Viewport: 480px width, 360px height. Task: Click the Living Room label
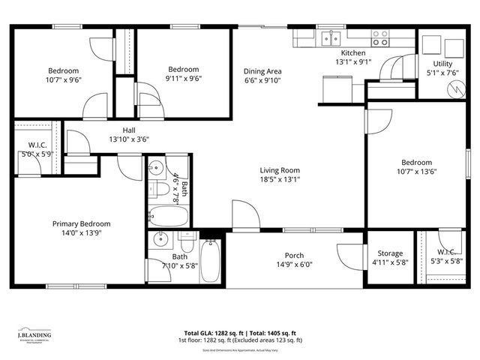click(x=280, y=169)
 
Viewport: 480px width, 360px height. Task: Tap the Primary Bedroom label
click(x=81, y=223)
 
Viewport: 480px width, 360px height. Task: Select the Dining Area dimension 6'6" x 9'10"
click(x=263, y=82)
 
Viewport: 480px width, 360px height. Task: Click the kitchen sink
click(x=329, y=37)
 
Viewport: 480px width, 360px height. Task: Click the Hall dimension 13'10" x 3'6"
click(x=124, y=139)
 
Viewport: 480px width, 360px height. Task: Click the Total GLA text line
click(x=240, y=333)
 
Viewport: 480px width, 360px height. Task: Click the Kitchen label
click(x=353, y=53)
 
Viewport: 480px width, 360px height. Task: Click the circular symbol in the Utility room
click(x=455, y=88)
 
